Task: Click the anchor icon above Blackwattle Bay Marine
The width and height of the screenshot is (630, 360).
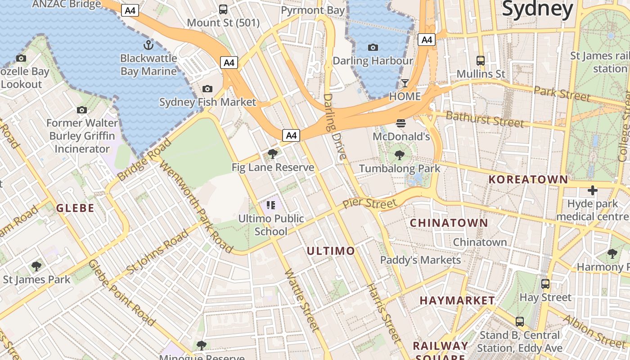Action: point(148,45)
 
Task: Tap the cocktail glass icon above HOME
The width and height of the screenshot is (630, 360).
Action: point(405,83)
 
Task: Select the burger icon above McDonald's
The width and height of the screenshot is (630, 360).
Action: point(401,123)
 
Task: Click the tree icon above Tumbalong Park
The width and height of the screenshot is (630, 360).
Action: point(399,156)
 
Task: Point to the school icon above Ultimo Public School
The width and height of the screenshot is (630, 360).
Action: point(270,206)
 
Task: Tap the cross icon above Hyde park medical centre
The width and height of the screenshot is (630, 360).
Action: point(592,190)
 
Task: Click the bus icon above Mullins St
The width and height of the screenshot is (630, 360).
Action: point(481,60)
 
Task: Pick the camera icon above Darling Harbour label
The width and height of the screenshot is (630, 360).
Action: point(373,47)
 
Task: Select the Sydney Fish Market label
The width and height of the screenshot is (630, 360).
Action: point(207,102)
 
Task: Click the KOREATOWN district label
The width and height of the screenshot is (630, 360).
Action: point(528,179)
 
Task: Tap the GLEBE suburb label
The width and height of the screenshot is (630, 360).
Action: point(75,208)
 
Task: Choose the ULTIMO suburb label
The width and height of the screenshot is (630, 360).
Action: point(331,251)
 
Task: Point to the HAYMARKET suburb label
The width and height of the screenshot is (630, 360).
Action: point(457,300)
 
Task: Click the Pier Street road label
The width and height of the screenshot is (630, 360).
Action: point(370,202)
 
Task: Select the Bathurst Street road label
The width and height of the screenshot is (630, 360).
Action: point(485,119)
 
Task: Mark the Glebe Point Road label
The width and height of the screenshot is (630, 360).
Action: point(122,292)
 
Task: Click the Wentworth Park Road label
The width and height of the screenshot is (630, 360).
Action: point(196,207)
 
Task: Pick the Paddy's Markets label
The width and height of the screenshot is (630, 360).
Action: point(420,260)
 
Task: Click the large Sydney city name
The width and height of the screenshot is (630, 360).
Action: point(538,9)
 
